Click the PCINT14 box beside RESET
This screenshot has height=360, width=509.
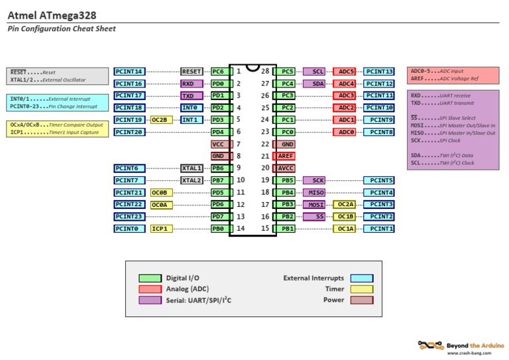click(x=129, y=72)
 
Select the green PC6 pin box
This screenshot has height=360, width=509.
click(x=218, y=72)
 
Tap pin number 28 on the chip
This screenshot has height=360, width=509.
click(x=265, y=72)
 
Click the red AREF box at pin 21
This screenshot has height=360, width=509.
click(x=287, y=156)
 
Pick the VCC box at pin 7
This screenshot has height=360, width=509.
click(x=218, y=144)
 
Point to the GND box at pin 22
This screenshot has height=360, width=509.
click(x=287, y=144)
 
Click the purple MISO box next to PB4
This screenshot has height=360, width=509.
click(x=316, y=192)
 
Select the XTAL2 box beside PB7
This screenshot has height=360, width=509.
click(x=192, y=180)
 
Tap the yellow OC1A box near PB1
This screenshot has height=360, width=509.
click(x=345, y=229)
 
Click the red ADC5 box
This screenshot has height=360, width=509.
click(x=345, y=72)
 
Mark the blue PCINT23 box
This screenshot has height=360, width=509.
click(x=129, y=216)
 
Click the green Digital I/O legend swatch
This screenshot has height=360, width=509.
click(x=149, y=278)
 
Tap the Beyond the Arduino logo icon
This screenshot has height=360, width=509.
click(x=430, y=345)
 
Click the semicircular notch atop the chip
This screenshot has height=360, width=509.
click(x=252, y=68)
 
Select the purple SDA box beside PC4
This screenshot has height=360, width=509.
click(x=316, y=84)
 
